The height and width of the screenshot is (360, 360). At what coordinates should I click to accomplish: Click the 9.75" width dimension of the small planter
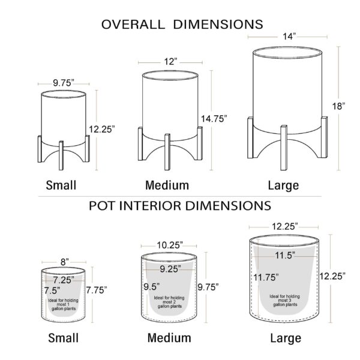point(64,83)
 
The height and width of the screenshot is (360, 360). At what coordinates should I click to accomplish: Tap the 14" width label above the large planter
point(289,36)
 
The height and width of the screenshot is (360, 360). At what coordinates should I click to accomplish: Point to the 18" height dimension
point(338,106)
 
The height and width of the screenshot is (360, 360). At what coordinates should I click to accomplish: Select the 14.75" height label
point(214,119)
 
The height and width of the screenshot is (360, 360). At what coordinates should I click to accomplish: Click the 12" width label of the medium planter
point(170,62)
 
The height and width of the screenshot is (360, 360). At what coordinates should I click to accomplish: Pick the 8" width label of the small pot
point(65,262)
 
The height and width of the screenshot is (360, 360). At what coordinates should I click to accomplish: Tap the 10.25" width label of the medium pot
point(170,245)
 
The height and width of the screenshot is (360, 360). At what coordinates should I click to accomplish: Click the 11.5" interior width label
point(285,255)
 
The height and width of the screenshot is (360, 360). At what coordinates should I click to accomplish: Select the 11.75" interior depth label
point(266,277)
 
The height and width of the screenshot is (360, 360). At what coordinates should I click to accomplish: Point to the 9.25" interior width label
point(170,269)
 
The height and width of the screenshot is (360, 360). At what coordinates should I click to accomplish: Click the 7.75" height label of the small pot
point(97,290)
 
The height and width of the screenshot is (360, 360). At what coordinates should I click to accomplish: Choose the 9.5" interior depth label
point(152,287)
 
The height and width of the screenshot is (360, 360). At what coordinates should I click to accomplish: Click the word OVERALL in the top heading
point(133,25)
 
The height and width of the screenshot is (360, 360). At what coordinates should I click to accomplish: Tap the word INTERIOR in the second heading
point(151,206)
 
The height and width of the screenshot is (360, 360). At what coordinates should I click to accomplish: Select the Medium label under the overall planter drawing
point(167,185)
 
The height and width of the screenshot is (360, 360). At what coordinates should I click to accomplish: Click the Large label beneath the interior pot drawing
point(286,338)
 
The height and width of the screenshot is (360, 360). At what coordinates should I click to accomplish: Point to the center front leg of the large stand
point(284,148)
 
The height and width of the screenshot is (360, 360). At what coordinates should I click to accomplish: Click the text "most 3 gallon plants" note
point(285,302)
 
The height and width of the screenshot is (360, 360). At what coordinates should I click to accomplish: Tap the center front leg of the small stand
point(61,155)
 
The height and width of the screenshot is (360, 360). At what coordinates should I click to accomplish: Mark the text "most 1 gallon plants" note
point(64,307)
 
